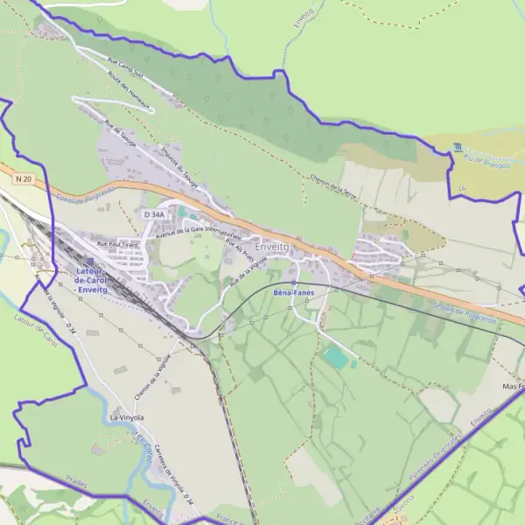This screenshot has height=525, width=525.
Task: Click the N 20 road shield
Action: pyautogui.click(x=24, y=178)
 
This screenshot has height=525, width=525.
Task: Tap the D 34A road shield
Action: pyautogui.click(x=153, y=213)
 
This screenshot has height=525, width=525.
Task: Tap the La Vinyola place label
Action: pyautogui.click(x=126, y=418)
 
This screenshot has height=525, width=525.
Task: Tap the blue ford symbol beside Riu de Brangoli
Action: pyautogui.click(x=457, y=147)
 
